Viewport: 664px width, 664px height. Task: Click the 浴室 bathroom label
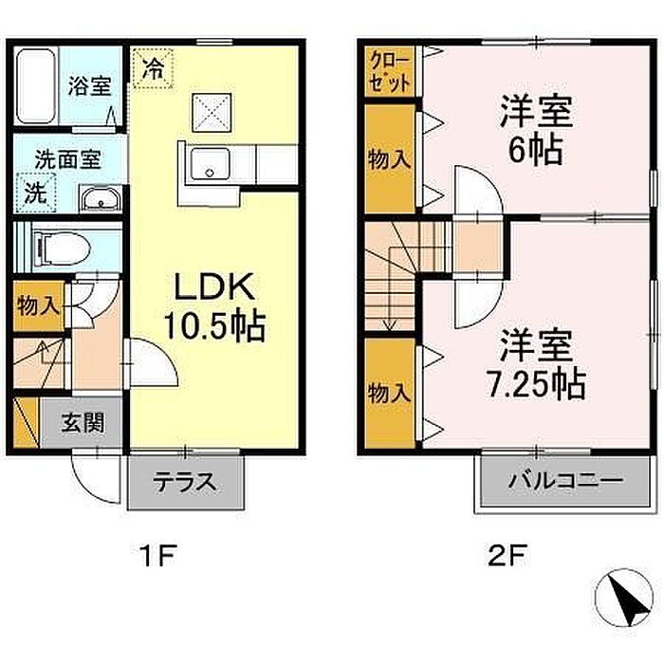point(90,85)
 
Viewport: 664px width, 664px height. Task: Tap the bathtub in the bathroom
point(36,86)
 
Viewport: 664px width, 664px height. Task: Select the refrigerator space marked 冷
point(153,68)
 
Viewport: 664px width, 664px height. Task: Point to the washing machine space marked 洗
point(36,193)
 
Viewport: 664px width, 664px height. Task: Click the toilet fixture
point(63,249)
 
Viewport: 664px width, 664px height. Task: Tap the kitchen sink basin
point(210,164)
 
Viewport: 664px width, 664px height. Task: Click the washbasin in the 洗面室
point(101,198)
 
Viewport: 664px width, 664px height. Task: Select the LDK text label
point(214,286)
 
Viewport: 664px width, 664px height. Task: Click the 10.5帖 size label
point(214,326)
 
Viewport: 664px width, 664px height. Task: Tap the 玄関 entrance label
point(83,422)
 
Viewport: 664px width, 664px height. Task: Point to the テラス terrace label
point(185,482)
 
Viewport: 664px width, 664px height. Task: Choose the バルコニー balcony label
point(565,480)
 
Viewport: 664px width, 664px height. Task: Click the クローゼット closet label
point(390,71)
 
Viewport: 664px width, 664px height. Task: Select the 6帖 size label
point(536,150)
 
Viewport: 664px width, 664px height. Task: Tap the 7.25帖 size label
point(536,384)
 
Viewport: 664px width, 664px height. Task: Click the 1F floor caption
point(158,556)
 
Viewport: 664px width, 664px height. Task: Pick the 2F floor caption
point(507,556)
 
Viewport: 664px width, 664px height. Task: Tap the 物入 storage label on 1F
point(39,305)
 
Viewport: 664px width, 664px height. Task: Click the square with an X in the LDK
point(212,113)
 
